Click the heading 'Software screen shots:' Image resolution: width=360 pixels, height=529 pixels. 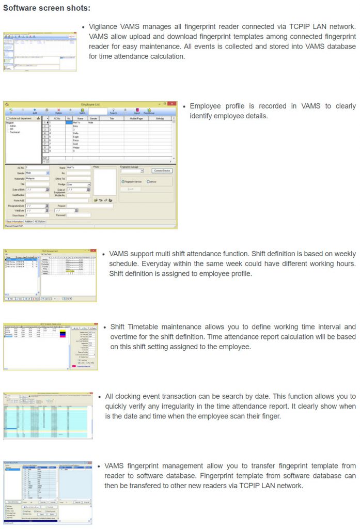[46, 8]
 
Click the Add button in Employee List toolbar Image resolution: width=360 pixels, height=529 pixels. [35, 111]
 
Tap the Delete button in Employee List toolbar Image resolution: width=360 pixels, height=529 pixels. [59, 111]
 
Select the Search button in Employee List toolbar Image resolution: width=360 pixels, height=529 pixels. [113, 111]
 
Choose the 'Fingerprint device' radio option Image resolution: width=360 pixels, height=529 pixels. [123, 181]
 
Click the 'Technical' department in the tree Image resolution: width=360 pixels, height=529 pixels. [15, 132]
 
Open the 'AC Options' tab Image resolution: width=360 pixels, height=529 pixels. [41, 221]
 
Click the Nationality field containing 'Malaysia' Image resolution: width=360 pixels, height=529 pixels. [37, 178]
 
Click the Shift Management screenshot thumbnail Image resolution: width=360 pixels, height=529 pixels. [50, 274]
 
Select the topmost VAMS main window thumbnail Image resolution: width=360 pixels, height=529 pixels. [40, 51]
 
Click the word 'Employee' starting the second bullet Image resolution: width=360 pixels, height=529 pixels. [207, 106]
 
